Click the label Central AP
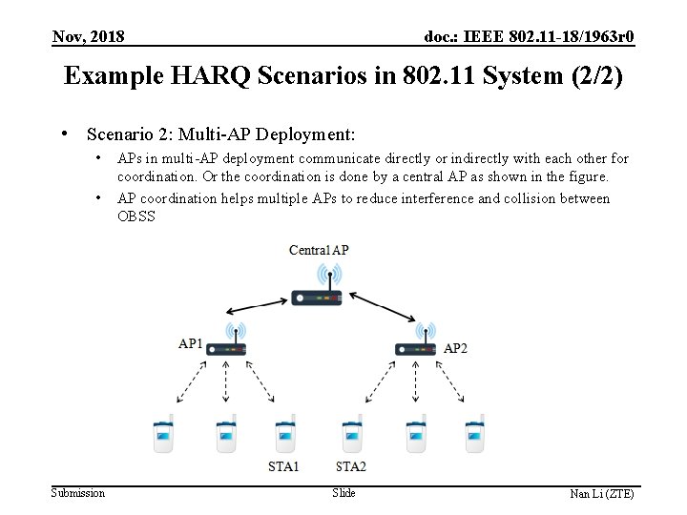(x=319, y=250)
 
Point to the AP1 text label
(x=191, y=342)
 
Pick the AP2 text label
(x=455, y=348)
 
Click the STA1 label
(x=283, y=467)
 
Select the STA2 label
(x=351, y=467)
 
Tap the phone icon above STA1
(x=284, y=436)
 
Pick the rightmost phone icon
(x=474, y=436)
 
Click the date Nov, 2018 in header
(x=89, y=37)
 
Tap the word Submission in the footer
(x=78, y=493)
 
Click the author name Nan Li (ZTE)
(x=601, y=494)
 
